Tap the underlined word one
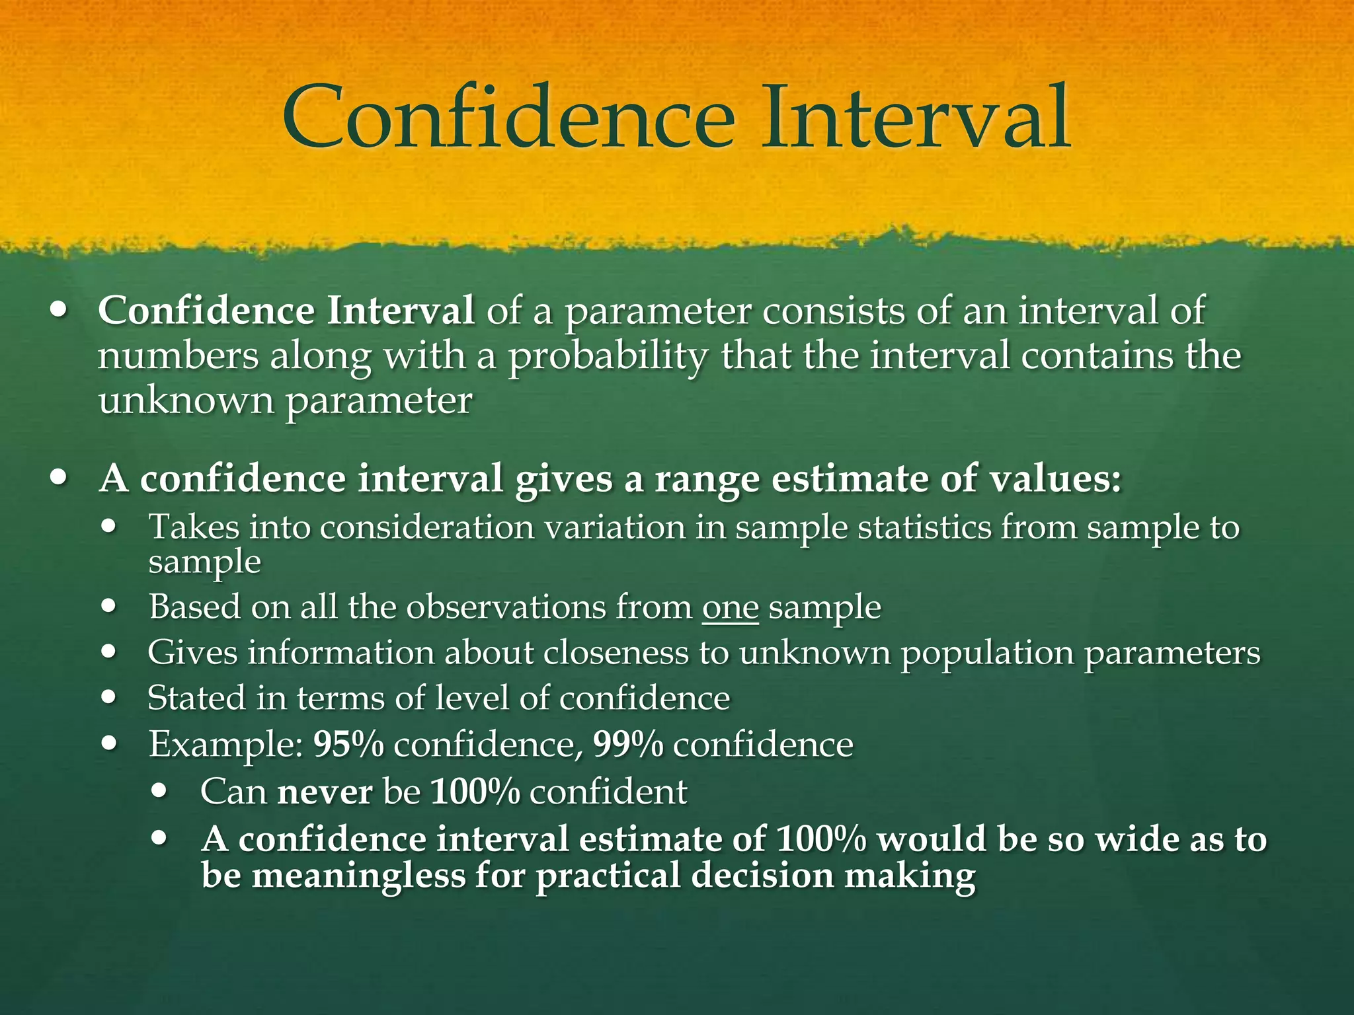(730, 607)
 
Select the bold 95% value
(348, 745)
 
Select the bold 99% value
(628, 745)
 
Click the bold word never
(325, 792)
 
